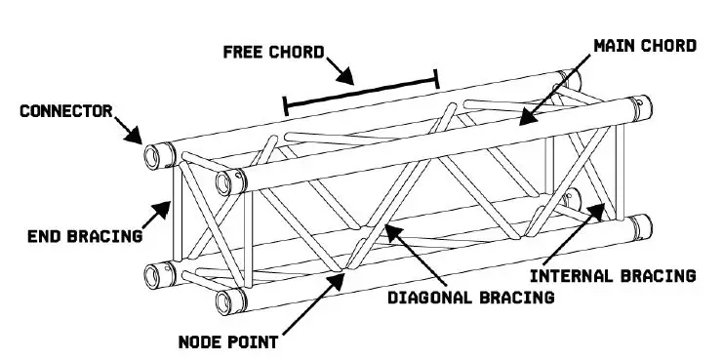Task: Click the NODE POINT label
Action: tap(228, 341)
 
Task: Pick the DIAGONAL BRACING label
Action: tap(470, 294)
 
